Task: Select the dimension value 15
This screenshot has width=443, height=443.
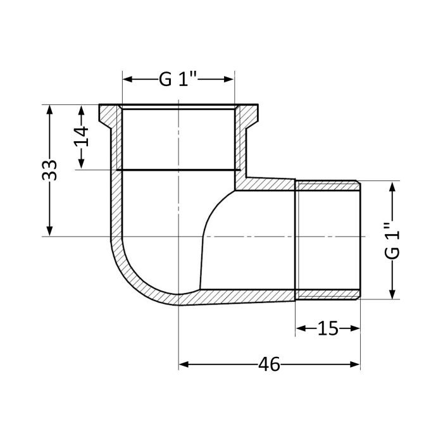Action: (x=328, y=328)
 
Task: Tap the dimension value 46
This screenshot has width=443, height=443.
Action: (x=270, y=365)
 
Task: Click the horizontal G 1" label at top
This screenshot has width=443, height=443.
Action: (x=178, y=80)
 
